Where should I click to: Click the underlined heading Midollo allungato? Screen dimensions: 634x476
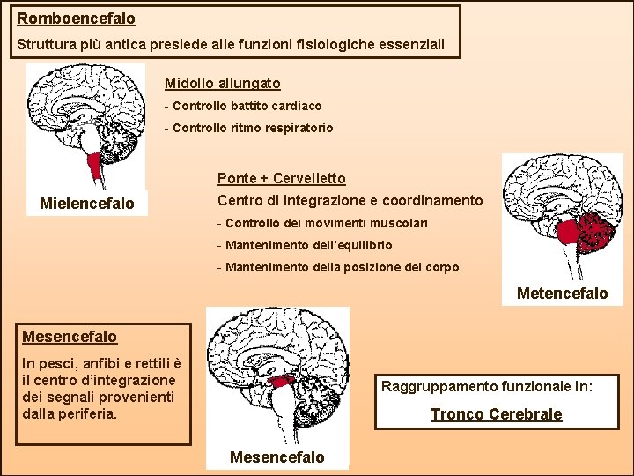pyautogui.click(x=222, y=84)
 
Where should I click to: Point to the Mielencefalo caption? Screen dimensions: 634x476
pyautogui.click(x=87, y=205)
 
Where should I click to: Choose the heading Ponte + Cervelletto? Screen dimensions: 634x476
pyautogui.click(x=281, y=179)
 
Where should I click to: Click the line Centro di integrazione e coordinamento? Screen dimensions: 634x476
pyautogui.click(x=350, y=201)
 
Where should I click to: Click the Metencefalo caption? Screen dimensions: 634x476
pyautogui.click(x=562, y=294)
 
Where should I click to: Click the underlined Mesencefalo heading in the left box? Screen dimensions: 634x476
pyautogui.click(x=69, y=337)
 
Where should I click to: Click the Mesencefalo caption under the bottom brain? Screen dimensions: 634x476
pyautogui.click(x=276, y=457)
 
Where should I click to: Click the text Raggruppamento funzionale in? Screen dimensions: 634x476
pyautogui.click(x=487, y=386)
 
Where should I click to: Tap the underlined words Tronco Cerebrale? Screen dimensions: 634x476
pyautogui.click(x=496, y=414)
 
